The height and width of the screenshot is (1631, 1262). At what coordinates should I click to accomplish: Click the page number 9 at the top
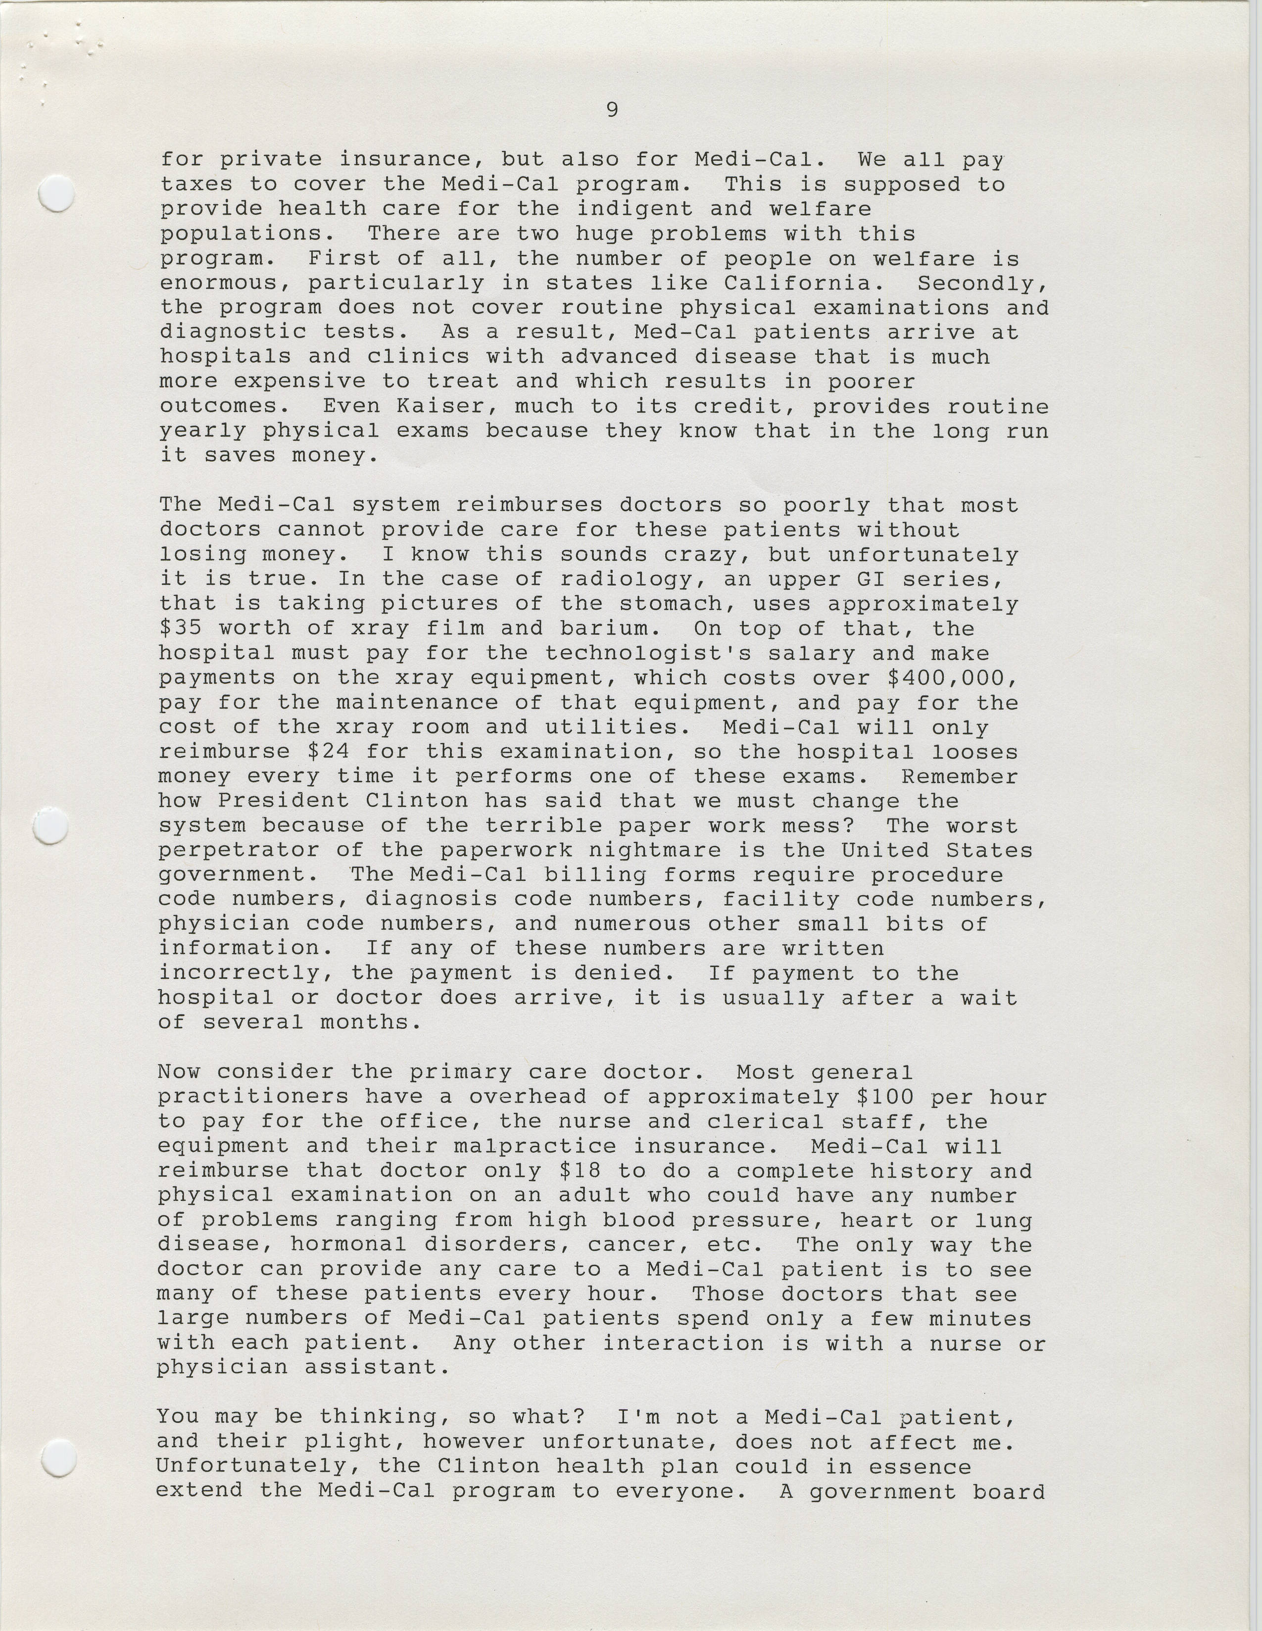(x=612, y=110)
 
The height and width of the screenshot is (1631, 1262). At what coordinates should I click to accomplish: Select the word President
(x=283, y=801)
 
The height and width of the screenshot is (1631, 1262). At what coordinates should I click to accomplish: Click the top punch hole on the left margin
(x=56, y=195)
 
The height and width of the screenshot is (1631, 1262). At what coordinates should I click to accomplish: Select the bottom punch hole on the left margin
(x=60, y=1458)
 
